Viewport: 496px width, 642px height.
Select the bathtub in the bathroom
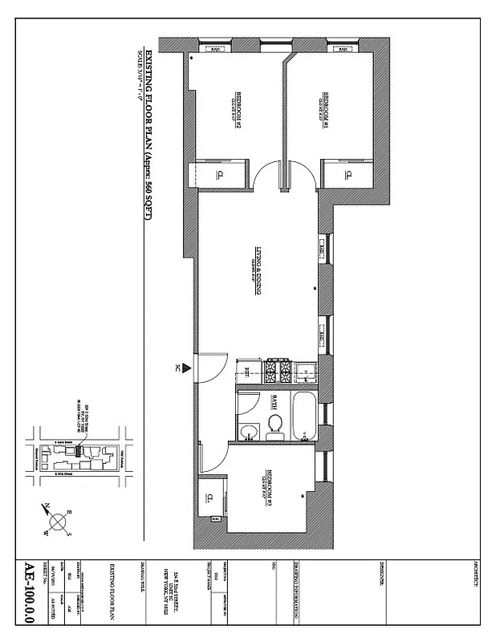(305, 415)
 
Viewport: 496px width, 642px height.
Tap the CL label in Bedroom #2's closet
(218, 176)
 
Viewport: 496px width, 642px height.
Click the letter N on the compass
(47, 506)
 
